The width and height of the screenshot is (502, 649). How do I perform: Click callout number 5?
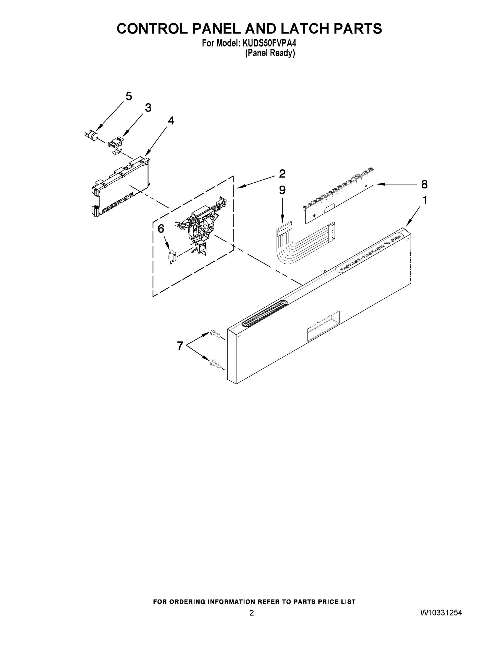(x=129, y=96)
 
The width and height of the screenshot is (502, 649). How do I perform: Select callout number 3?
(x=148, y=108)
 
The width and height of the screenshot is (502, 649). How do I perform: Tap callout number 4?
(x=171, y=121)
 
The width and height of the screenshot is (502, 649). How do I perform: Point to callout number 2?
(x=282, y=174)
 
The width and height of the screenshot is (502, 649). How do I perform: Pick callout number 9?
(x=282, y=190)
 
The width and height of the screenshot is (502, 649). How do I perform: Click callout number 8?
(x=424, y=184)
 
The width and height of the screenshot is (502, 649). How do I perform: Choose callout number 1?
(x=425, y=201)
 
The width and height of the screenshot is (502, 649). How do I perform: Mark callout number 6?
(x=160, y=229)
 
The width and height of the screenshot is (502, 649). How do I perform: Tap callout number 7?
(x=180, y=346)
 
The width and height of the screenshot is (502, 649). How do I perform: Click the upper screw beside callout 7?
(x=215, y=335)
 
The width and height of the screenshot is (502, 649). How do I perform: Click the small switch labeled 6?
(x=172, y=256)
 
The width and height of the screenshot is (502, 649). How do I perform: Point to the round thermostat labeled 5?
(x=93, y=136)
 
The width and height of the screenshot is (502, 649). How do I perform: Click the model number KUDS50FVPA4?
(x=270, y=43)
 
